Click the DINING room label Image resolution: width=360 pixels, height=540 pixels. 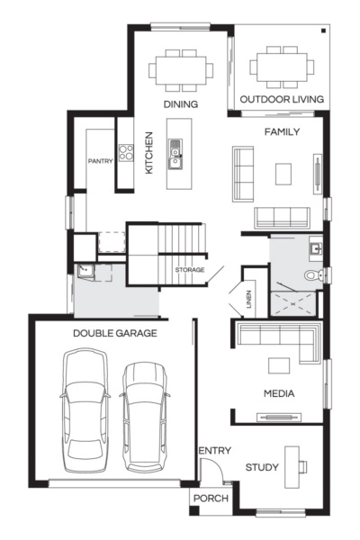pos(181,104)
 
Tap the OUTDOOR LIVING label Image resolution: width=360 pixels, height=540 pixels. pos(276,99)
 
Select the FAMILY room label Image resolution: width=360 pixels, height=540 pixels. pos(281,131)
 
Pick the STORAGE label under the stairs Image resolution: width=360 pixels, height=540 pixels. pos(189,270)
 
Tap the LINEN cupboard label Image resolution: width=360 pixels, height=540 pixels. pos(249,300)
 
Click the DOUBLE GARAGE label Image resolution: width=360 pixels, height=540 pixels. pos(115,333)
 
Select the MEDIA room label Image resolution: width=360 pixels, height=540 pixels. pos(279,393)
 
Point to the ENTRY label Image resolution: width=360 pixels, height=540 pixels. pos(215,451)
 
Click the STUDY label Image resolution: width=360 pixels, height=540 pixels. pos(262,467)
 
